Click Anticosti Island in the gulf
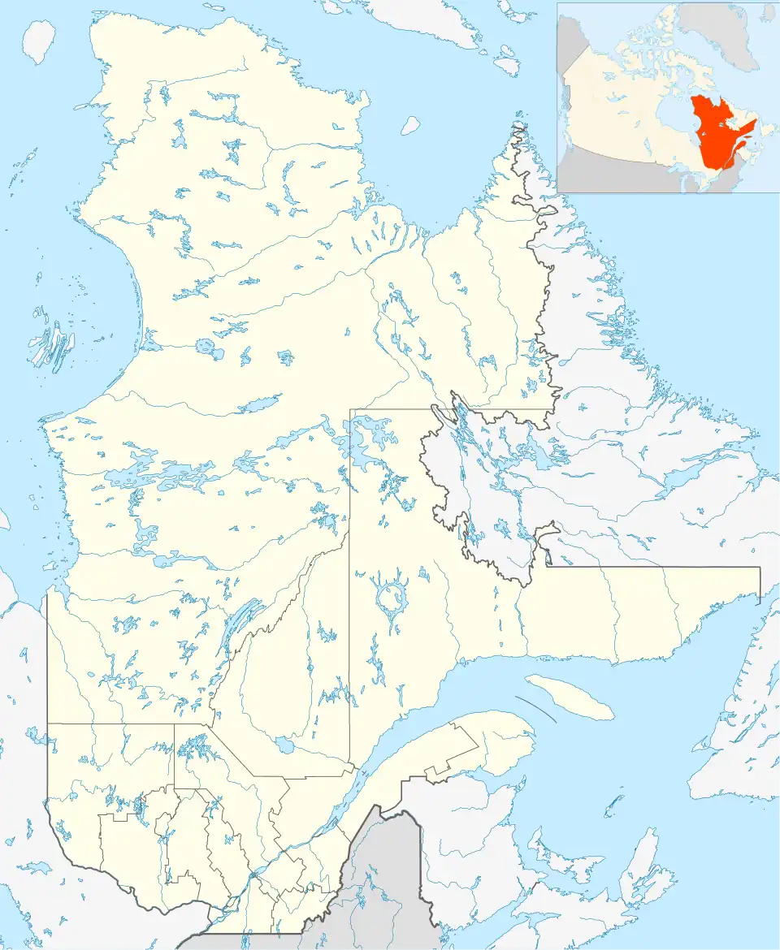click(569, 696)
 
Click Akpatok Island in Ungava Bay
click(410, 124)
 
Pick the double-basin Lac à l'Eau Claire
click(209, 349)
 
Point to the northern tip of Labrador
click(518, 126)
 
